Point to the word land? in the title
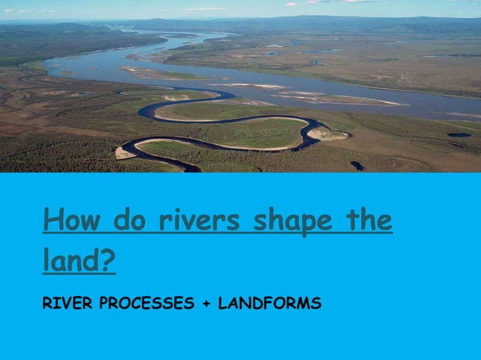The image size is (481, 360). point(79,261)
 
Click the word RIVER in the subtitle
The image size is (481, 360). point(68,304)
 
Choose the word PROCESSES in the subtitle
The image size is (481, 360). point(147,304)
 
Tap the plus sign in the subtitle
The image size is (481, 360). point(206,305)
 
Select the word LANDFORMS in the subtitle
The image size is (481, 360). point(269,304)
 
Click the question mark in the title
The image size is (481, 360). point(109,261)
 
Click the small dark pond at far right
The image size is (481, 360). point(458,135)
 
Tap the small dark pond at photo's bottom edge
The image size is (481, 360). point(357,165)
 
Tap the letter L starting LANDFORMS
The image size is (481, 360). point(222,304)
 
